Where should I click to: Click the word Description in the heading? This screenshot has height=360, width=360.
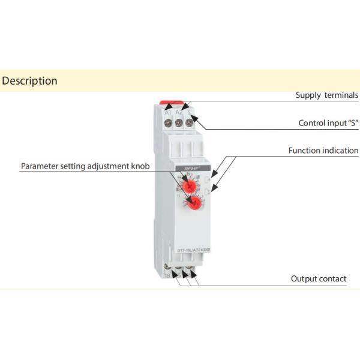tap(29, 80)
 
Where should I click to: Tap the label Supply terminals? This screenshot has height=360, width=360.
tap(326, 95)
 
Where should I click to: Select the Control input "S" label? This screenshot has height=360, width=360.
tap(328, 123)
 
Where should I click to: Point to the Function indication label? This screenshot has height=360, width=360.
tap(323, 151)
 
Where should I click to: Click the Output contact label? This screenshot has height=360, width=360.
tap(319, 278)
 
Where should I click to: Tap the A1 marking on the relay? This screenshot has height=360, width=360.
tap(168, 112)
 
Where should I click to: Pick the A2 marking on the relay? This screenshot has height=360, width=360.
tap(179, 112)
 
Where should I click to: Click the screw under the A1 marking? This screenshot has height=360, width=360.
tap(169, 123)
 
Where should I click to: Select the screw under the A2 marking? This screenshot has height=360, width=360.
tap(179, 123)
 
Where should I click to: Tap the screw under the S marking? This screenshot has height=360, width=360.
tap(190, 123)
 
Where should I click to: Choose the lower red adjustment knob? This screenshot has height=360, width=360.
tap(193, 204)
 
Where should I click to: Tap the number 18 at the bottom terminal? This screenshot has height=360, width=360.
tap(167, 275)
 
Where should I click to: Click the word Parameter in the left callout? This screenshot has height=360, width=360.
tap(42, 166)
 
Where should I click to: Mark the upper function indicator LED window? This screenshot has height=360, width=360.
tap(206, 179)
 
